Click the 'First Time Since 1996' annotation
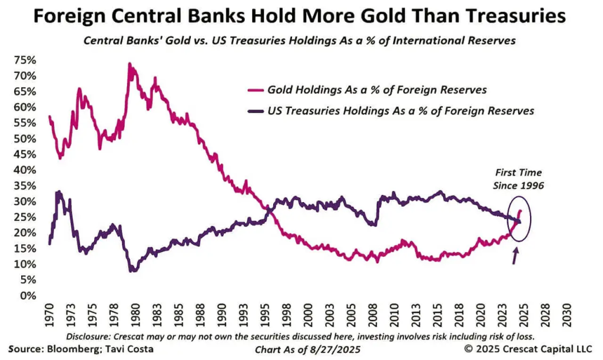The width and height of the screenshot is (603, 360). click(x=518, y=179)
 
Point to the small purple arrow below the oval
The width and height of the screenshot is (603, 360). click(x=516, y=255)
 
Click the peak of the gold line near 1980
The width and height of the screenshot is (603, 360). click(x=129, y=64)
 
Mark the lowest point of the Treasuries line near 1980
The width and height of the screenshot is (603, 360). click(x=134, y=270)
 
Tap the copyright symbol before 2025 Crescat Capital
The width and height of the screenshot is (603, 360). click(x=469, y=349)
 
